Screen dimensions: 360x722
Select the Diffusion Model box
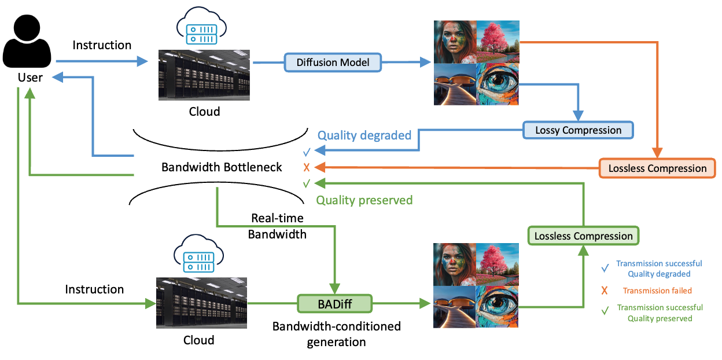point(333,62)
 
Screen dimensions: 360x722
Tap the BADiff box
point(335,303)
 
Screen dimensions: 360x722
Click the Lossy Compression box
point(578,130)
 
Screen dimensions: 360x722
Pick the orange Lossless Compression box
point(657,168)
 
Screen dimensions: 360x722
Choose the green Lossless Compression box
point(583,236)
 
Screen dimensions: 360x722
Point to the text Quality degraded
point(364,135)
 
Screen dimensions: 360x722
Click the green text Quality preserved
point(364,200)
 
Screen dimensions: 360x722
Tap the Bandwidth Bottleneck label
point(222,167)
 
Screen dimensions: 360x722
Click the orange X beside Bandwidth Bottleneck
point(307,168)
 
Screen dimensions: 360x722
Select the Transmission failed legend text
point(657,291)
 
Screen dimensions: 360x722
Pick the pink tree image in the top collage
point(498,42)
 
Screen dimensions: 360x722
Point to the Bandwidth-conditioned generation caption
point(336,334)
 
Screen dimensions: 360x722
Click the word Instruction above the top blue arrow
point(102,45)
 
